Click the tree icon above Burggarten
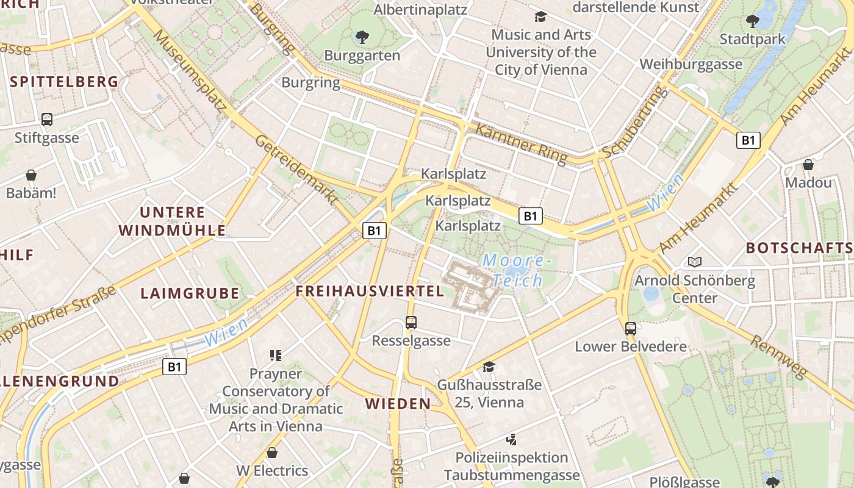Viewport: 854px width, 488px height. tap(362, 37)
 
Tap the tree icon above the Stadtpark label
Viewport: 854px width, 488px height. tap(753, 21)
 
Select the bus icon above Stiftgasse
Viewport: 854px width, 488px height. tap(47, 120)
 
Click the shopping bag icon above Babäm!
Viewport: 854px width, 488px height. tap(31, 176)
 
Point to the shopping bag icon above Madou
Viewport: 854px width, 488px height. tap(808, 165)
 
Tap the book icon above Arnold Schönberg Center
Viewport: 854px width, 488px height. tap(694, 262)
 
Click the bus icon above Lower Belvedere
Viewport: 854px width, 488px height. tap(631, 329)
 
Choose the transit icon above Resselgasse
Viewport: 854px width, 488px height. tap(411, 323)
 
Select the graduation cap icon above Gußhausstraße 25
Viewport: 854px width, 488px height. tap(489, 367)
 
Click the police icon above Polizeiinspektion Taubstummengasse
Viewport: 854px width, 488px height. tap(512, 439)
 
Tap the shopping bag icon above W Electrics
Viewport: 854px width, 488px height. tap(272, 453)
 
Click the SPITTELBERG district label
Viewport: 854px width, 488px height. tap(64, 82)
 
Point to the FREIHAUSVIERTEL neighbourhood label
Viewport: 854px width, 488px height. tap(370, 291)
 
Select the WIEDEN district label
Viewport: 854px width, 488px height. tap(398, 403)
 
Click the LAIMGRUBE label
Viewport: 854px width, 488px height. tap(190, 293)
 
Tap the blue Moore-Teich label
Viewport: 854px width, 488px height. tap(517, 270)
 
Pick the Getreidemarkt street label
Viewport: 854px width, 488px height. tap(296, 169)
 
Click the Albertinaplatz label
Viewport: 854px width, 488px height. tap(420, 10)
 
